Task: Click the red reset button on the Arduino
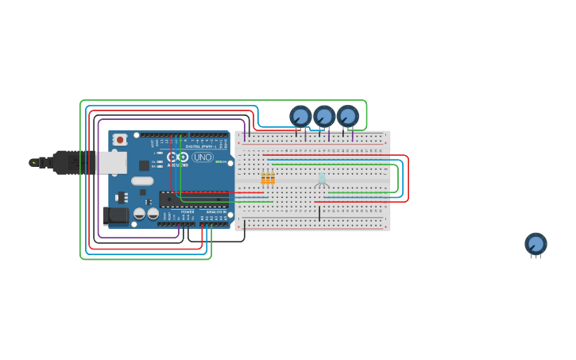[120, 140]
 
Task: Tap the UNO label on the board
[203, 157]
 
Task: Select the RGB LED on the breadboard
[322, 179]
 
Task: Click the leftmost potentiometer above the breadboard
[300, 117]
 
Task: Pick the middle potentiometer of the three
[324, 117]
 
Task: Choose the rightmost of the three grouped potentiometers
[347, 117]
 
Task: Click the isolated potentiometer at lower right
[535, 244]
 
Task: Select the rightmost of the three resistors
[273, 178]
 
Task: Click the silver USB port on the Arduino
[110, 163]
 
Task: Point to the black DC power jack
[115, 215]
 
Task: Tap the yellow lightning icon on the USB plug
[33, 163]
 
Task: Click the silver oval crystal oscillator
[142, 180]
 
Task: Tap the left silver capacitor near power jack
[139, 214]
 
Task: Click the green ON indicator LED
[218, 162]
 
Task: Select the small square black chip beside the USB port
[144, 165]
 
